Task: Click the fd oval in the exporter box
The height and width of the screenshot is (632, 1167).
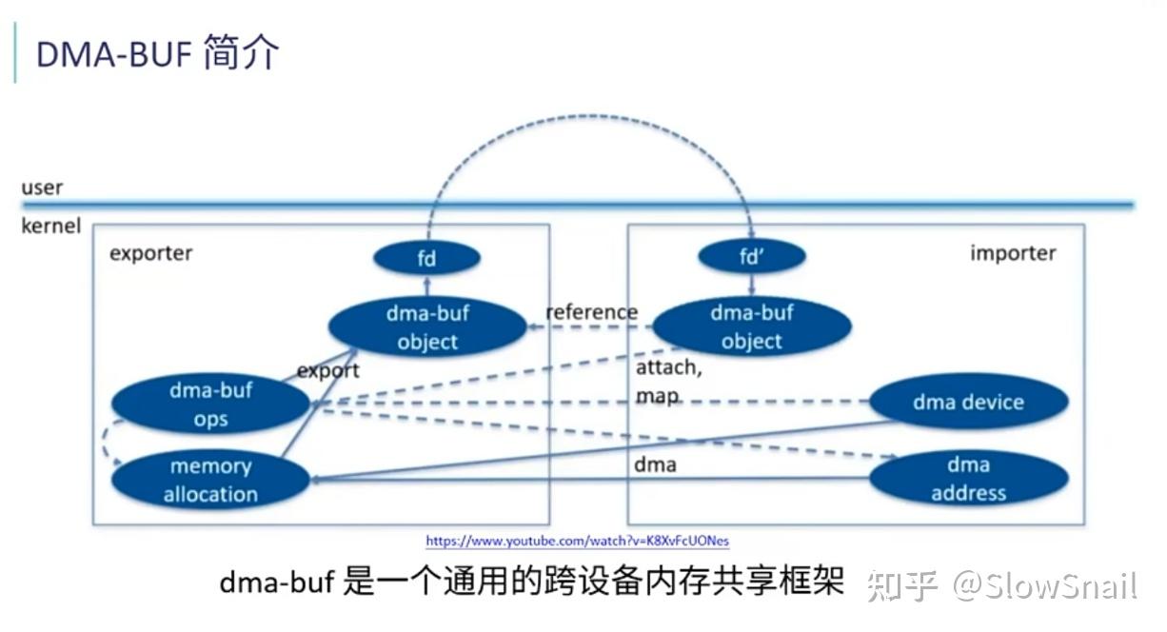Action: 425,257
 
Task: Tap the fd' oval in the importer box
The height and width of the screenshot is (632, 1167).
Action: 752,256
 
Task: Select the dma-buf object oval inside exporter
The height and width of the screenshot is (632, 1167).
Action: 427,327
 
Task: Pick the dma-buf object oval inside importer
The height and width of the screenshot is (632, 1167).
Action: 751,326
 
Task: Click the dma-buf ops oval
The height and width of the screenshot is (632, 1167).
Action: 210,405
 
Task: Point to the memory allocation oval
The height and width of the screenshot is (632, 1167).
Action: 210,480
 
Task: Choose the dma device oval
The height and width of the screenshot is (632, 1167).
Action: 968,402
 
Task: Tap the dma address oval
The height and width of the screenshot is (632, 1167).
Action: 968,479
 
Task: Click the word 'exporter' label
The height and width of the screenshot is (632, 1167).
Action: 150,253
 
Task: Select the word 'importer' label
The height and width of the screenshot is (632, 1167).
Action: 1013,253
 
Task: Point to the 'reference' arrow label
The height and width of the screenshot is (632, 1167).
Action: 591,312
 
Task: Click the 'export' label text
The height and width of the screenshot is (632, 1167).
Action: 328,370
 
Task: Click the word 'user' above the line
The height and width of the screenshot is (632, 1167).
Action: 42,188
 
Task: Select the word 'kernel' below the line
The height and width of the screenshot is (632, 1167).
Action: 50,227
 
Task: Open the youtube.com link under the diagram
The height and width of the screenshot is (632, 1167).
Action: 577,542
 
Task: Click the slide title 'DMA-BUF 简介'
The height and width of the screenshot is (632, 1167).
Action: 157,54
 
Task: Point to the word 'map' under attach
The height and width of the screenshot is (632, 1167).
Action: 658,395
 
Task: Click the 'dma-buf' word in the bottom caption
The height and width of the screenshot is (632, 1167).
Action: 276,583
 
